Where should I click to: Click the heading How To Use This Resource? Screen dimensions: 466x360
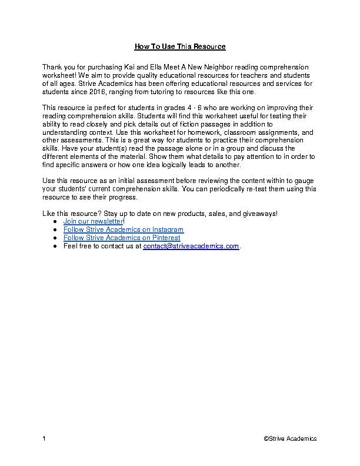point(180,46)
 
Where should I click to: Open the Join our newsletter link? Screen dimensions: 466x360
point(93,221)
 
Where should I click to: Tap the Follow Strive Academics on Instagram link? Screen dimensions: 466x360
point(123,229)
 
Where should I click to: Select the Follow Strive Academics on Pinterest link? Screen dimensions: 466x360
point(121,238)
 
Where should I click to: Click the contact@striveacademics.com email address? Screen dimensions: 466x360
point(191,247)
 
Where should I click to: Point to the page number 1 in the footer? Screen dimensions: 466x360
point(45,438)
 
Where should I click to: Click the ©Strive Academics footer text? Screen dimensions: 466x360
point(290,438)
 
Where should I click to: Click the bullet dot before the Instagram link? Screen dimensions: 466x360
point(55,229)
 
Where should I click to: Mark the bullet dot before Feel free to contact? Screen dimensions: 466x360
point(55,247)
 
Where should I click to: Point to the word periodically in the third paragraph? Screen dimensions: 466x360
point(231,189)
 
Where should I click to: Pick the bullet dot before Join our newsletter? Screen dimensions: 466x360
point(55,221)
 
